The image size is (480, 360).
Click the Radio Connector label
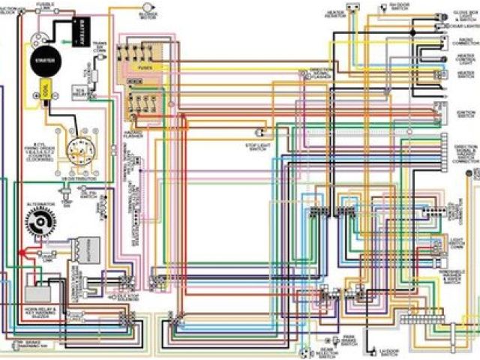click(x=466, y=43)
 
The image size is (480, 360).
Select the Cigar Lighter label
click(x=461, y=26)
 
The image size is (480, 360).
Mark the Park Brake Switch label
click(x=349, y=340)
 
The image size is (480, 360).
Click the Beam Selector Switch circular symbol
click(x=305, y=351)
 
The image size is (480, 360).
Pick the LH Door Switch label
click(x=388, y=351)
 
